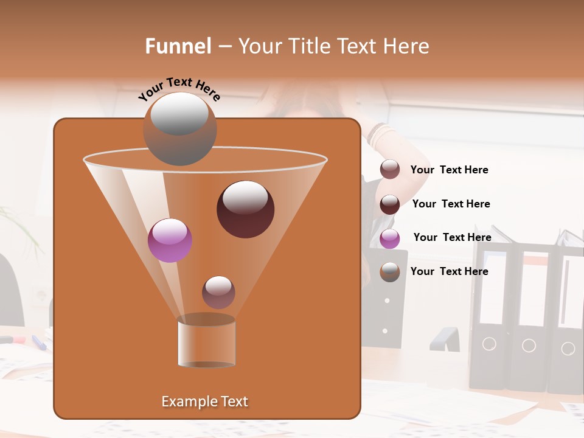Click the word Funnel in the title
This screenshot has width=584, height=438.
tap(178, 46)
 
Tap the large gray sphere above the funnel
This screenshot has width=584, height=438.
tap(179, 129)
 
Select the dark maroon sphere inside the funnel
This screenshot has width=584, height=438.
tap(245, 209)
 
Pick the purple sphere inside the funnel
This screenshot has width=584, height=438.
tap(170, 240)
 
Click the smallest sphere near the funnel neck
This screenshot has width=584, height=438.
tap(218, 292)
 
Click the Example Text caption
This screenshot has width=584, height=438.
tap(204, 401)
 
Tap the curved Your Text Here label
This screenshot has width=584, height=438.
tap(179, 89)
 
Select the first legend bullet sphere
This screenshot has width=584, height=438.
tap(390, 170)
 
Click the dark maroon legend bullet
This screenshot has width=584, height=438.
tap(390, 204)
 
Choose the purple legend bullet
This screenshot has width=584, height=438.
tap(390, 238)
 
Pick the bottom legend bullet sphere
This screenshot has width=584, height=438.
tap(390, 272)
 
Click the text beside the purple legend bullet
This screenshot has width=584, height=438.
tap(452, 237)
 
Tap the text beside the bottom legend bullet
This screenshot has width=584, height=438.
tap(449, 271)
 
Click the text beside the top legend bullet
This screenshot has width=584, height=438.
tap(449, 170)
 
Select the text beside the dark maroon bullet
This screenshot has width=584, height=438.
tap(451, 204)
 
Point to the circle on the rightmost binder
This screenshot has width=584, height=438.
tap(568, 349)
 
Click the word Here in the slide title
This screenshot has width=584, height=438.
tap(403, 46)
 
